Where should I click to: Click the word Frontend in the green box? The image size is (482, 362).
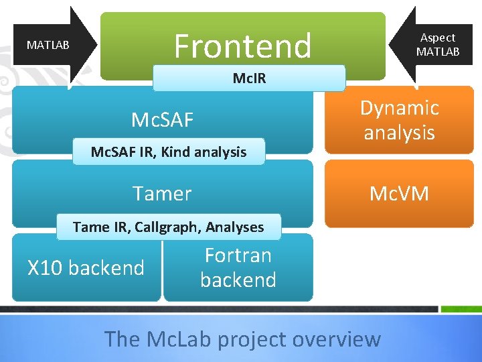coord(243,46)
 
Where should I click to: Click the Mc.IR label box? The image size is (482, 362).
coord(249,78)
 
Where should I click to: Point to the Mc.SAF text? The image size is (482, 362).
coord(162,120)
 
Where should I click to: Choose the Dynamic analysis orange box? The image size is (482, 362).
coord(399,120)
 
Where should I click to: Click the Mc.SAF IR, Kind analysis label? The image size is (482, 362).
coord(168,152)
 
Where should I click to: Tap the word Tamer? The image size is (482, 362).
coord(162,194)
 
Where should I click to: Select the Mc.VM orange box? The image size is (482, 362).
coord(399,194)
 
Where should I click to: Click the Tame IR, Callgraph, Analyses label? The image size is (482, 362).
coord(168,227)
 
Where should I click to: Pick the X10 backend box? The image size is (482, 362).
coord(86,267)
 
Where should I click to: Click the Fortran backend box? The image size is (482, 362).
coord(238,267)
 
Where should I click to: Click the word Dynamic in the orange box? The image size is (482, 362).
coord(400,108)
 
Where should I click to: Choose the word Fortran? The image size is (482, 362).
coord(238,255)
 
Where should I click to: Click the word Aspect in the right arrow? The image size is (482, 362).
coord(438,38)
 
